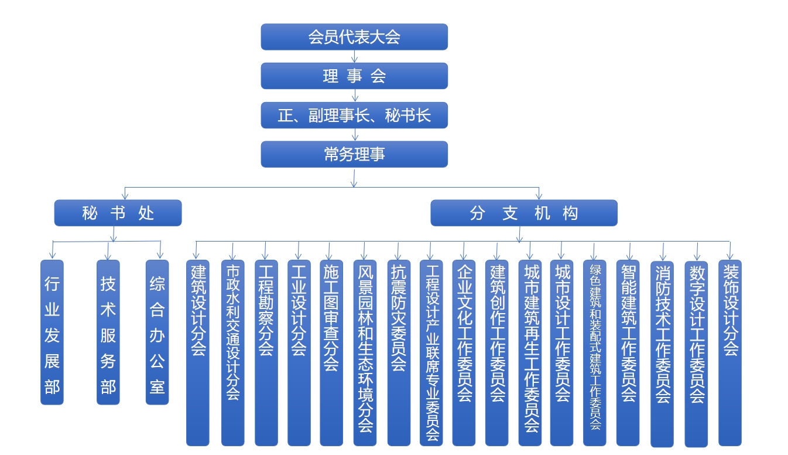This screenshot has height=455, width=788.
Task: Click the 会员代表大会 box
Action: pyautogui.click(x=354, y=37)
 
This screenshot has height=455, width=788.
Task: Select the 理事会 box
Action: pyautogui.click(x=354, y=76)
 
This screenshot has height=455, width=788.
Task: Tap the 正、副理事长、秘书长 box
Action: pyautogui.click(x=354, y=115)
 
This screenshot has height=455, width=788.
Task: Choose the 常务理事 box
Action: pyautogui.click(x=354, y=154)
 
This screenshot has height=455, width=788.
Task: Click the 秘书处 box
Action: pyautogui.click(x=118, y=213)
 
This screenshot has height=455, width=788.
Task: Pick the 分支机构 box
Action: pyautogui.click(x=524, y=213)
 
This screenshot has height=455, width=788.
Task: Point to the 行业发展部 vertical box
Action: pyautogui.click(x=52, y=332)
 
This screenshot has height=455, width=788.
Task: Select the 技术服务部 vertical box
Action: pyautogui.click(x=108, y=332)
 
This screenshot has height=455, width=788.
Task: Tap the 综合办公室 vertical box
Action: pyautogui.click(x=157, y=332)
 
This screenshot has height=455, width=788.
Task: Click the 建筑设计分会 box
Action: pyautogui.click(x=198, y=352)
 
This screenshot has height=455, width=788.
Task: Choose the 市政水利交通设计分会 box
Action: pyautogui.click(x=232, y=352)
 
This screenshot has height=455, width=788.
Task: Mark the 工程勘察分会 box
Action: pyautogui.click(x=266, y=352)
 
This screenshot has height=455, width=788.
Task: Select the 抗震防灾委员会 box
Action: pyautogui.click(x=399, y=352)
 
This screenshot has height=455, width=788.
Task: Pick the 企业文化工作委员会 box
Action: pyautogui.click(x=464, y=352)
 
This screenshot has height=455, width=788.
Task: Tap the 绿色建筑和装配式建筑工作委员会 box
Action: pyautogui.click(x=595, y=352)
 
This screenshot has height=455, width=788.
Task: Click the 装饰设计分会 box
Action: pyautogui.click(x=730, y=352)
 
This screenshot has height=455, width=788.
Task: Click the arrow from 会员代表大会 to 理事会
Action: pyautogui.click(x=354, y=56)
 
